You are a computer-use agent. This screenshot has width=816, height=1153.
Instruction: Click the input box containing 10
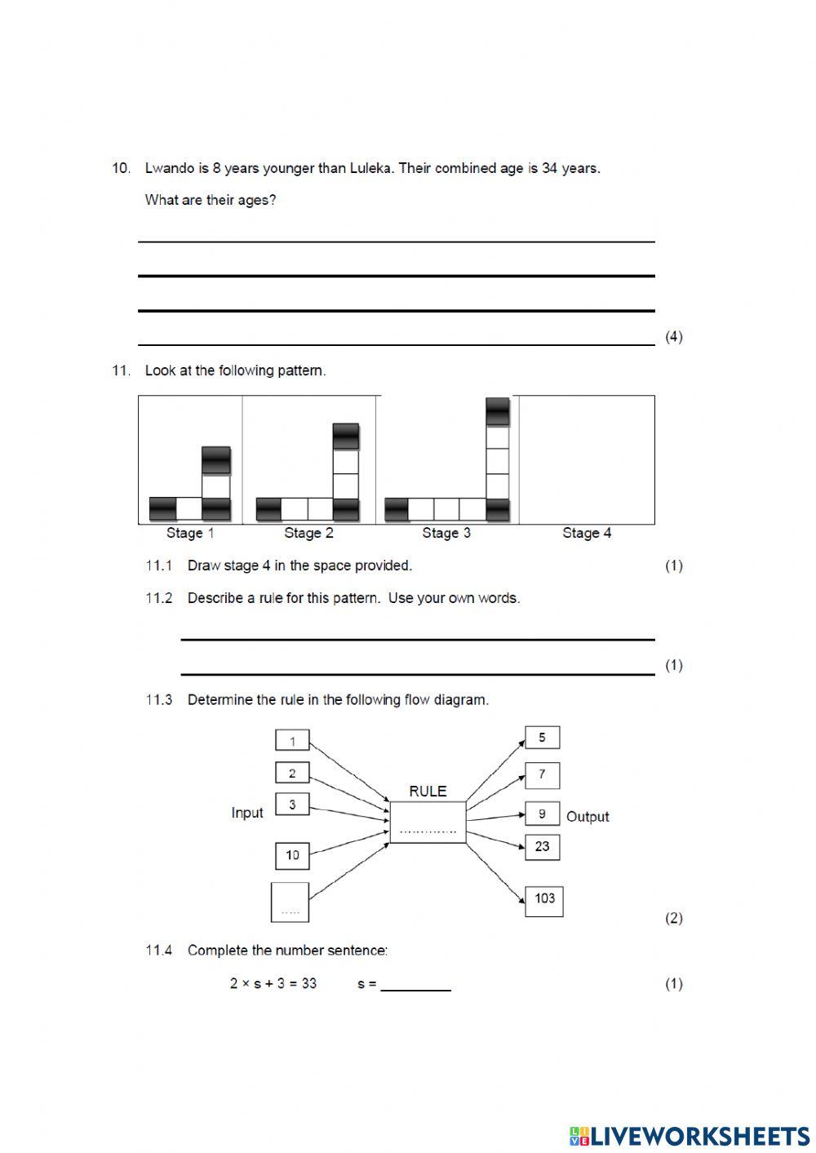click(292, 855)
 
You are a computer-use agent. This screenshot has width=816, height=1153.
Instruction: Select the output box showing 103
click(544, 900)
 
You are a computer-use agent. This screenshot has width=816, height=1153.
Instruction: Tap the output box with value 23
click(542, 847)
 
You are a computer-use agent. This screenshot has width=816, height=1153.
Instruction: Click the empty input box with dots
click(290, 902)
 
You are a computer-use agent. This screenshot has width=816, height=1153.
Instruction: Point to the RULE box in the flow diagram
click(428, 822)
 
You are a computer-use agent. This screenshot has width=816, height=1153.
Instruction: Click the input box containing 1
click(292, 741)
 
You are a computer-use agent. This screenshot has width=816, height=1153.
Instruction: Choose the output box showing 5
click(542, 738)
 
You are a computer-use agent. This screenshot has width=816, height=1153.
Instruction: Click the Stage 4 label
click(587, 533)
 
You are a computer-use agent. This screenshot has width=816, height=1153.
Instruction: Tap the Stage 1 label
click(190, 533)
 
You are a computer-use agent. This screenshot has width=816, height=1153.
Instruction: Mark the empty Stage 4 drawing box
click(587, 459)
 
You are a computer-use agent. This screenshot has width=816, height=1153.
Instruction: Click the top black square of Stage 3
click(498, 411)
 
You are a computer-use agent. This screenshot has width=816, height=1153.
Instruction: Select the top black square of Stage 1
click(216, 460)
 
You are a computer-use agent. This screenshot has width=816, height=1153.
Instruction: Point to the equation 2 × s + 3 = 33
click(273, 983)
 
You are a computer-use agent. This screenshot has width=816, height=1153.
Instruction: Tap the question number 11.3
click(159, 699)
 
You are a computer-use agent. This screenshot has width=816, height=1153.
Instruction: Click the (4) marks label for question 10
click(674, 336)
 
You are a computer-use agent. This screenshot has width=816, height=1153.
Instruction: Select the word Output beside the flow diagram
click(588, 817)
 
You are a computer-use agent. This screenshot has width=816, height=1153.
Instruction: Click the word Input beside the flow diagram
click(247, 813)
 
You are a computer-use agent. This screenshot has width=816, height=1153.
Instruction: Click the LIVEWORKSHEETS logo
click(689, 1135)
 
